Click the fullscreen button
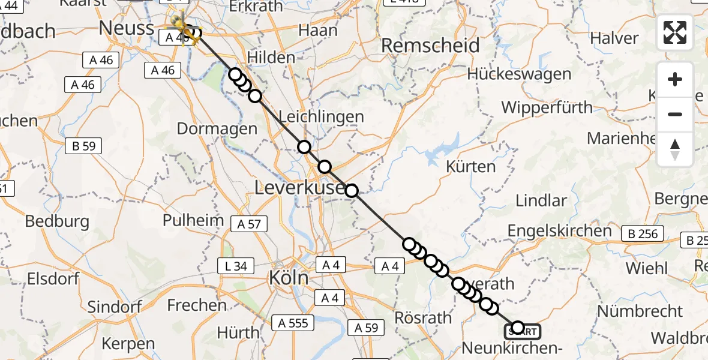pyautogui.click(x=675, y=32)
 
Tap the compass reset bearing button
pyautogui.click(x=675, y=149)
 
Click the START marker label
pyautogui.click(x=523, y=331)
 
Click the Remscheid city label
pyautogui.click(x=430, y=46)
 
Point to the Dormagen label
pyautogui.click(x=217, y=128)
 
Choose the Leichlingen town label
pyautogui.click(x=321, y=117)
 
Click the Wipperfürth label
pyautogui.click(x=547, y=108)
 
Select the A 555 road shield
pyautogui.click(x=293, y=323)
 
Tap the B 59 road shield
pyautogui.click(x=84, y=146)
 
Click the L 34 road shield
pyautogui.click(x=236, y=266)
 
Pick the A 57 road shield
pyautogui.click(x=249, y=224)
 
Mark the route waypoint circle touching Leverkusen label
pyautogui.click(x=352, y=191)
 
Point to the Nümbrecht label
pyautogui.click(x=640, y=311)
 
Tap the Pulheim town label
pyautogui.click(x=193, y=220)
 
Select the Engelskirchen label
pyautogui.click(x=559, y=231)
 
